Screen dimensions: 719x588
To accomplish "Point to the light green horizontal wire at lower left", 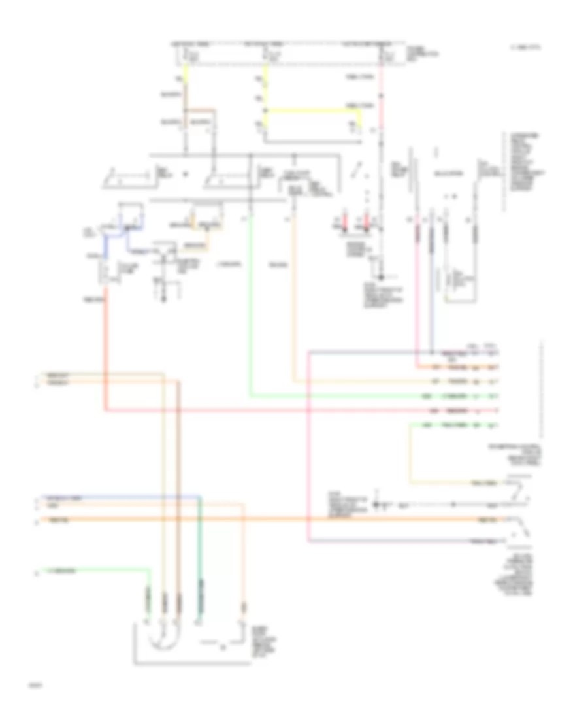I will (x=98, y=570).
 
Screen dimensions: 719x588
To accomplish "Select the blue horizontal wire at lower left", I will (x=118, y=497).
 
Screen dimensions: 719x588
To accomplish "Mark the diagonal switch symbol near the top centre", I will (x=356, y=171).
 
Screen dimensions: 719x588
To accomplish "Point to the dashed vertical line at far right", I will (x=542, y=392).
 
